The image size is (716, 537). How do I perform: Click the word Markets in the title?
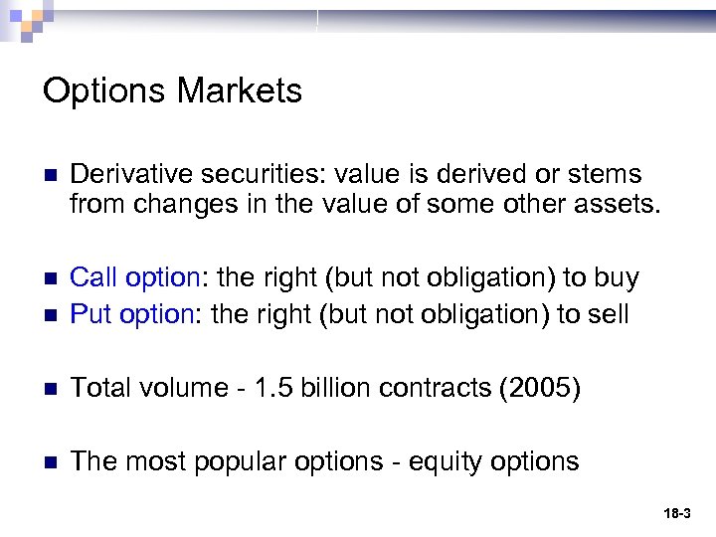click(240, 91)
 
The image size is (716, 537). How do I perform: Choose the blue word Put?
click(89, 314)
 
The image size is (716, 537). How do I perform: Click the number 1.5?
click(268, 388)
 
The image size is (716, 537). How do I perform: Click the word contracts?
click(430, 388)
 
